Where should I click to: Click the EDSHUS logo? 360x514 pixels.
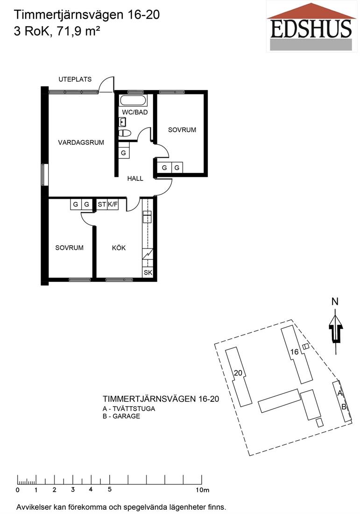click(x=311, y=26)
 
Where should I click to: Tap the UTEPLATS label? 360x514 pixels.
click(x=75, y=79)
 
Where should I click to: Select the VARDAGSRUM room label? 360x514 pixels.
click(x=81, y=143)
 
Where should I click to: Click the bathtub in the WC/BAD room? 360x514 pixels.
click(x=134, y=100)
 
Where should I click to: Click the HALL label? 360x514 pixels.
click(x=135, y=178)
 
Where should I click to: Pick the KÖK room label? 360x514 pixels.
click(x=119, y=248)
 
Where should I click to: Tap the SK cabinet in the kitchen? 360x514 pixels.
click(x=148, y=272)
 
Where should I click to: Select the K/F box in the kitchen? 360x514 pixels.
click(x=113, y=205)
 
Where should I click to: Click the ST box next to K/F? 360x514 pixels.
click(x=101, y=205)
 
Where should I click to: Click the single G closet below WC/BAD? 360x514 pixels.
click(x=123, y=153)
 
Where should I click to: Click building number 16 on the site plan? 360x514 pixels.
click(x=295, y=352)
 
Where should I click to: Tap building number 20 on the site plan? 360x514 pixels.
click(x=238, y=373)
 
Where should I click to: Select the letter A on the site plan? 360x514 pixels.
click(x=340, y=393)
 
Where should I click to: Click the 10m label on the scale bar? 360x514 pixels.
click(x=203, y=490)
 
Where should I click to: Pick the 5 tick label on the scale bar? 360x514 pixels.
click(x=109, y=489)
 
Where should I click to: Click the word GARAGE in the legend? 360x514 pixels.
click(x=126, y=416)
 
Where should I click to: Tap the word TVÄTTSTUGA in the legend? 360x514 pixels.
click(x=134, y=409)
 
